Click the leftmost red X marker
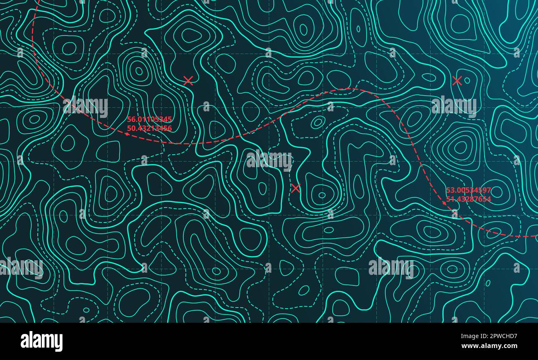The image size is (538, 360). pyautogui.click(x=188, y=81)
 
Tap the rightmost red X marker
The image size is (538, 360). pyautogui.click(x=457, y=81)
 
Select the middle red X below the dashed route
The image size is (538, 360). pyautogui.click(x=295, y=189)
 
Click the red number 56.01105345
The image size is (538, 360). pyautogui.click(x=149, y=120)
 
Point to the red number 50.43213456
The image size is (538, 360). pyautogui.click(x=149, y=129)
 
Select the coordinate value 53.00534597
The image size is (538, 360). pyautogui.click(x=468, y=190)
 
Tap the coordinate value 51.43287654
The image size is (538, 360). pyautogui.click(x=468, y=199)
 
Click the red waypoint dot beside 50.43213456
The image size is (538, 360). pyautogui.click(x=127, y=134)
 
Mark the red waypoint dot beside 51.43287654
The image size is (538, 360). pyautogui.click(x=444, y=203)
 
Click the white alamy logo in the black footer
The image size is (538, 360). pyautogui.click(x=41, y=341)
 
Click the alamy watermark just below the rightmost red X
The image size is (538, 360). pyautogui.click(x=454, y=106)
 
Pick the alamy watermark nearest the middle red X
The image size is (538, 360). pyautogui.click(x=269, y=161)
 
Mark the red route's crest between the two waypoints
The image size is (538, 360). pyautogui.click(x=350, y=89)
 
